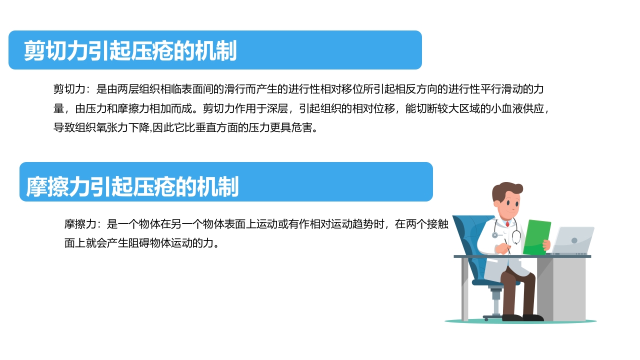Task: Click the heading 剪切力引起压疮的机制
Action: pos(130,50)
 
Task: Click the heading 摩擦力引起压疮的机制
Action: pos(132,186)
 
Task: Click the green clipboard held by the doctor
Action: pos(536,236)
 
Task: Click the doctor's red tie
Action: pos(507,224)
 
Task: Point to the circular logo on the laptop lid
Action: pos(574,240)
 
